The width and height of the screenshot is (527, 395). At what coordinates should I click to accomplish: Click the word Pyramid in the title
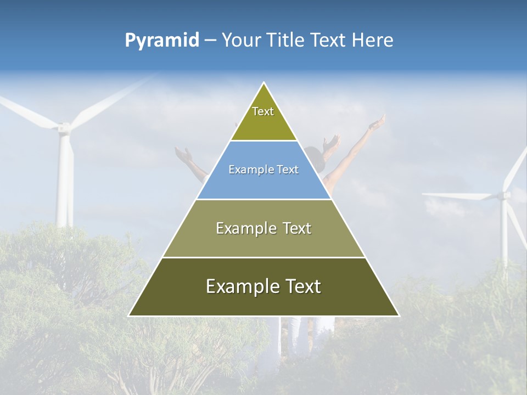point(161,41)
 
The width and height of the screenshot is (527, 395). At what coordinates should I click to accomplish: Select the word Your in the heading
point(240,40)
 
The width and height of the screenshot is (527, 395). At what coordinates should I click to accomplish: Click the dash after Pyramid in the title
point(210,41)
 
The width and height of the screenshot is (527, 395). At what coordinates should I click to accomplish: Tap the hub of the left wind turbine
point(64,128)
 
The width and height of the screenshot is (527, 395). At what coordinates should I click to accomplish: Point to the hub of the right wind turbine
point(504,195)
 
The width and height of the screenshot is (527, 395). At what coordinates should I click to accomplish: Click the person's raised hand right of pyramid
point(378,123)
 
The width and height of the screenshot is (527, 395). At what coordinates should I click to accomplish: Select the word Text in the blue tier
point(287,170)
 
